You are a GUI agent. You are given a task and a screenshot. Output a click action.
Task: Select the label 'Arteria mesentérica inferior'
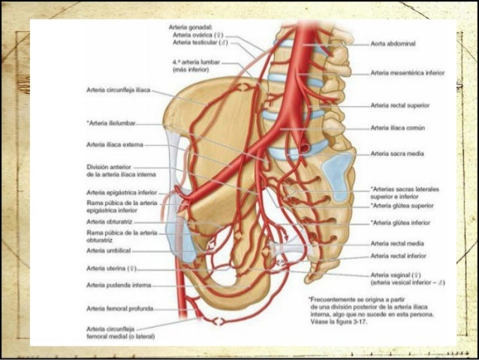(408, 74)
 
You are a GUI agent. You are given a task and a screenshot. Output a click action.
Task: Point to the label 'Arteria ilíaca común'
(398, 129)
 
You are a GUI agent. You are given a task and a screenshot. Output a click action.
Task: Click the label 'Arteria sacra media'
(397, 154)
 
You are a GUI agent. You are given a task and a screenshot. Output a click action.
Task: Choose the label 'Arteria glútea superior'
(402, 204)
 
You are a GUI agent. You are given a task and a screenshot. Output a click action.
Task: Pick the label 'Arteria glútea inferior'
(400, 223)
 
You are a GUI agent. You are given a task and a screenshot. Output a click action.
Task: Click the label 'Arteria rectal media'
(397, 244)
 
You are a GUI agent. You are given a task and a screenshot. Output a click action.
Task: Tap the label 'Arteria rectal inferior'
(399, 256)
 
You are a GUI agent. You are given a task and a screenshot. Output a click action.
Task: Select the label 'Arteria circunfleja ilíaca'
(119, 89)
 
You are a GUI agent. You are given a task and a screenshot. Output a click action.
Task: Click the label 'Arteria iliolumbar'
(113, 123)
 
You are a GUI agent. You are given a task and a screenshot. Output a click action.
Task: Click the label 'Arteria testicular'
(194, 44)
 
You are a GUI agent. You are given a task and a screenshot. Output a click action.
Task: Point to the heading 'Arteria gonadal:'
(191, 27)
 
